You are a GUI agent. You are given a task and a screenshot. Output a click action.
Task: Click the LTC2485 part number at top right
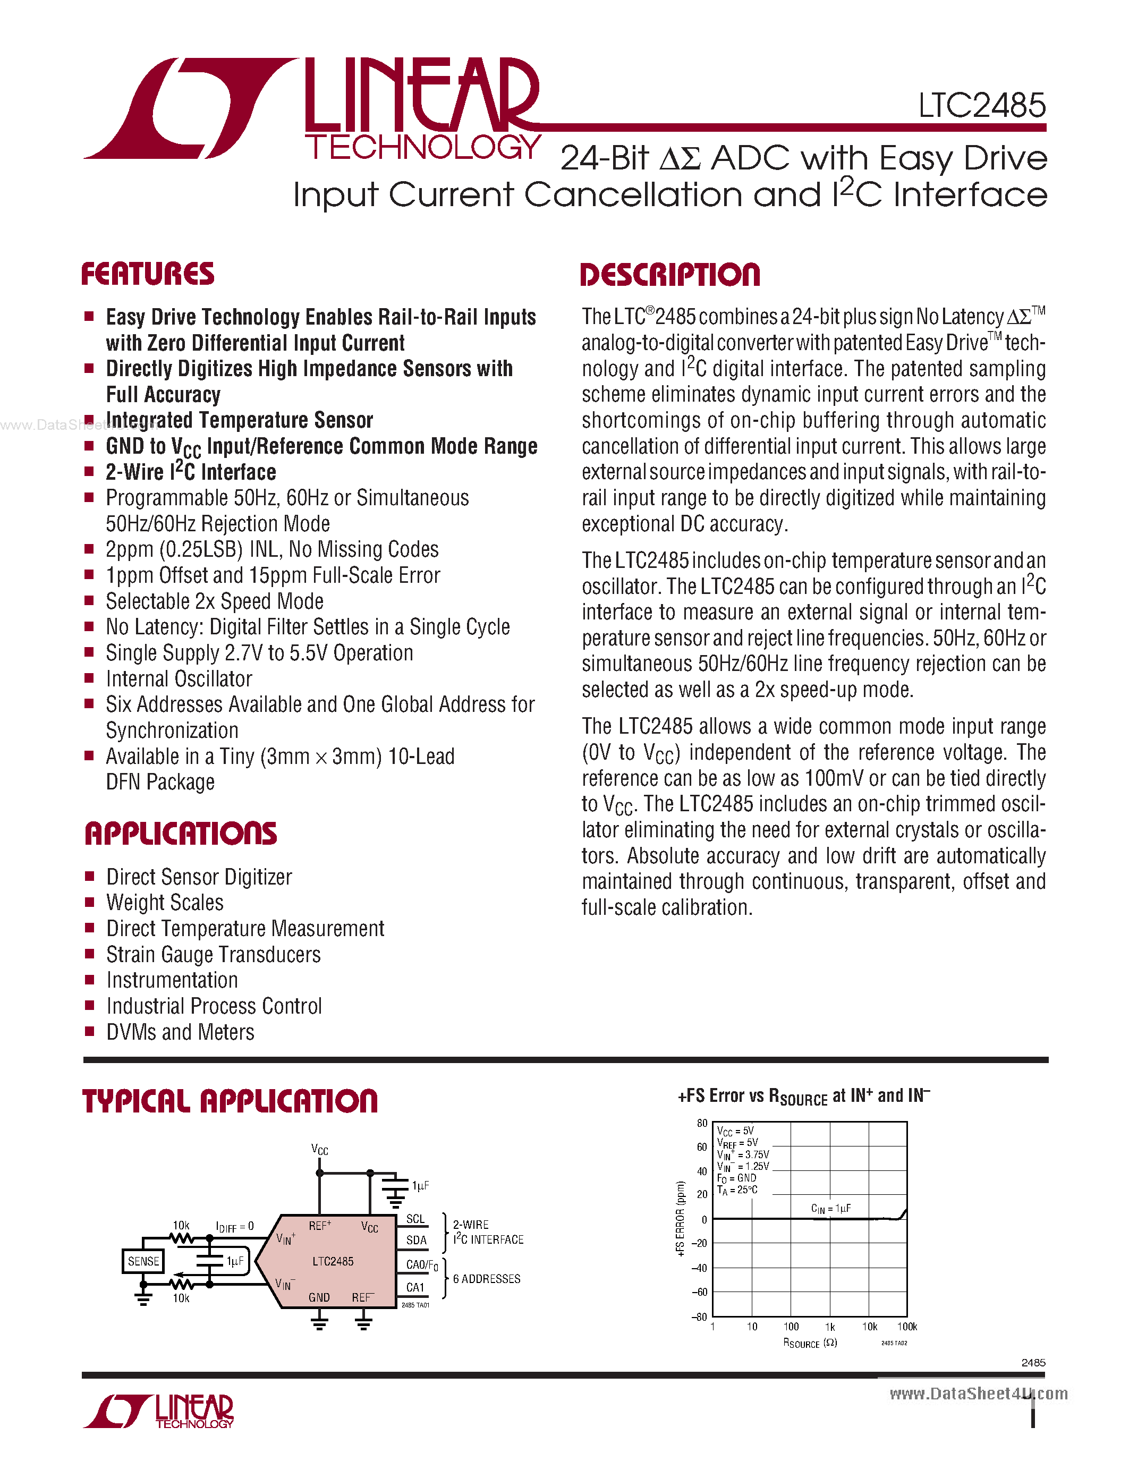[981, 106]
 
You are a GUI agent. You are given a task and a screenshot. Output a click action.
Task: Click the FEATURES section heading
[148, 274]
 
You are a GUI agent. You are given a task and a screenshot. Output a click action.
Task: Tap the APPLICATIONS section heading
[181, 834]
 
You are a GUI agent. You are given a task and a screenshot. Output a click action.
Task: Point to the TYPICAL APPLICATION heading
[230, 1102]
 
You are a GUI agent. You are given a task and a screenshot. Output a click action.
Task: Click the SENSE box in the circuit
[143, 1262]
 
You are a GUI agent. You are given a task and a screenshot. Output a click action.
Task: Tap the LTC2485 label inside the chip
[333, 1262]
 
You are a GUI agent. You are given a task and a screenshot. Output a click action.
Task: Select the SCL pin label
[415, 1219]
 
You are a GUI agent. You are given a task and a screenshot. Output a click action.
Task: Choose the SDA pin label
[416, 1240]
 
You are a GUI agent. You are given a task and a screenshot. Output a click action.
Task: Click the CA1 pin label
[415, 1287]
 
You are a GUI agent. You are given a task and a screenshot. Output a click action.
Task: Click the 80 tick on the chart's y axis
[702, 1124]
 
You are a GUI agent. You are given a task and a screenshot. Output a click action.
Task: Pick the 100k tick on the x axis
[906, 1327]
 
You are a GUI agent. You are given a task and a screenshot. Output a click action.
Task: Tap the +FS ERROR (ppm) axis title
[681, 1219]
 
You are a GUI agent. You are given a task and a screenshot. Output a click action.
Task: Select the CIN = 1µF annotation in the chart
[831, 1208]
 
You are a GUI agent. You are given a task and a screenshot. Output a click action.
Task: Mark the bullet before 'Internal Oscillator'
[89, 678]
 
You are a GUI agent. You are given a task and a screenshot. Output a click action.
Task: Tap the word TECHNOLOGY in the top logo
[423, 147]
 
